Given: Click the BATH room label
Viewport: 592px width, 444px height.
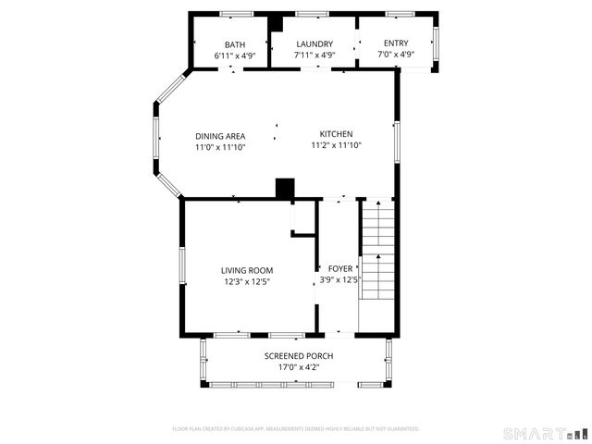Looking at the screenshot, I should pos(235,44).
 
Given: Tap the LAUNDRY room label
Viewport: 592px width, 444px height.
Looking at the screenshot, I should pos(314,44).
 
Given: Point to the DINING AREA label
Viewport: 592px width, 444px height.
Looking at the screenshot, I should pos(220,135).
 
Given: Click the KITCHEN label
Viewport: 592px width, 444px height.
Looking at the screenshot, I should pos(336,134).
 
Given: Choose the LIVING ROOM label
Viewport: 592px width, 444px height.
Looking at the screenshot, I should pos(247,270).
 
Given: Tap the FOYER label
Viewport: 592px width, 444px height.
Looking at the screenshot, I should pos(340,268).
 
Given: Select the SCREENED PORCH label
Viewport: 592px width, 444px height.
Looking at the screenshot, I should pos(299,356).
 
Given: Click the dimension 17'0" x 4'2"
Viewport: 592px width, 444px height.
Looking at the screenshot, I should pos(299,367).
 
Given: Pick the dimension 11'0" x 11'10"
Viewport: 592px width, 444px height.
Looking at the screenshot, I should pos(220,146).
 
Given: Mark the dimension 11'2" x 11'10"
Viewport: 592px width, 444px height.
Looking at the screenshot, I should pos(336,145).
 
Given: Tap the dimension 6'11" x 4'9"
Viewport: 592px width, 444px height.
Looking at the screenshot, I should pos(235,55).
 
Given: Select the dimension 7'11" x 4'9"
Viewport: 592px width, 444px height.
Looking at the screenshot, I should pos(314,55).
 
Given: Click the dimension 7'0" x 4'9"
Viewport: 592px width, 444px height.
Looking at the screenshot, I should pos(395,55).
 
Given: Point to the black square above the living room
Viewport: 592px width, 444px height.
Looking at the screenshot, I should pos(285,188).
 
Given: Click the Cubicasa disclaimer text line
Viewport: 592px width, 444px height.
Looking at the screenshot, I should pos(296,429).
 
